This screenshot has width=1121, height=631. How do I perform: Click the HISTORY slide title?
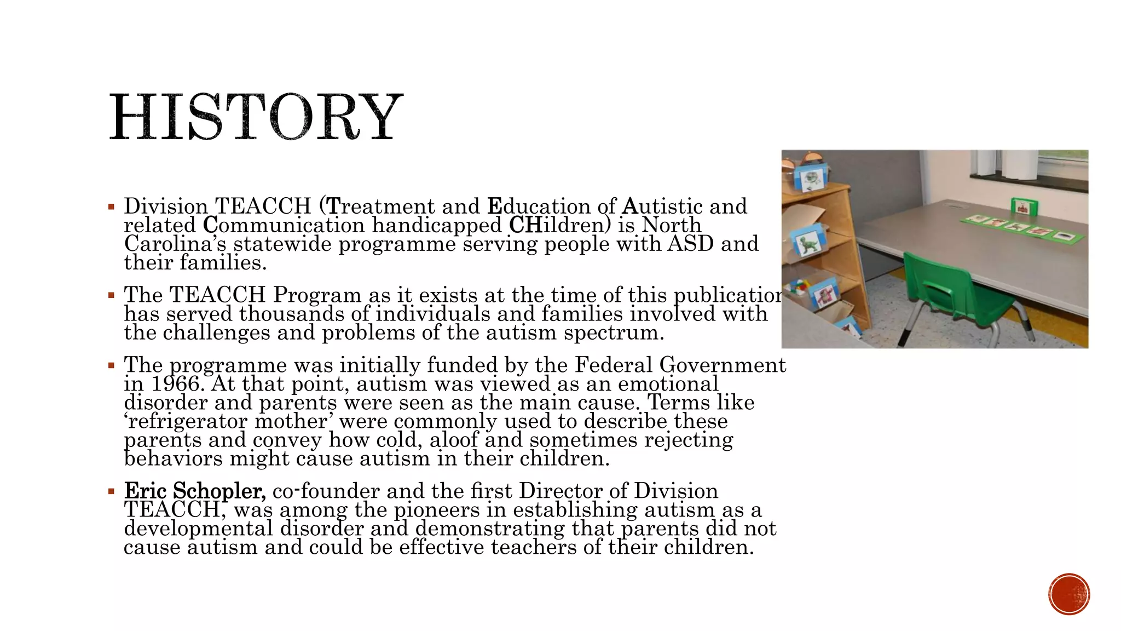click(x=256, y=117)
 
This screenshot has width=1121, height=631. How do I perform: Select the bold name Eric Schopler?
click(x=195, y=491)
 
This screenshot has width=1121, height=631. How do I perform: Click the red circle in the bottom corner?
click(x=1069, y=594)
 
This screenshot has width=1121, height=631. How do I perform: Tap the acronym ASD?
click(x=690, y=244)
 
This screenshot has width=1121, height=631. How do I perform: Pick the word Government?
click(x=723, y=365)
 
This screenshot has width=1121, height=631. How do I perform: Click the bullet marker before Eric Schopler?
click(x=111, y=491)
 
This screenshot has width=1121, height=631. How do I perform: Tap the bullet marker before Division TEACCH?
click(x=111, y=207)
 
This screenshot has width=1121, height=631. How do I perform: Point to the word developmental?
click(x=198, y=529)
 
